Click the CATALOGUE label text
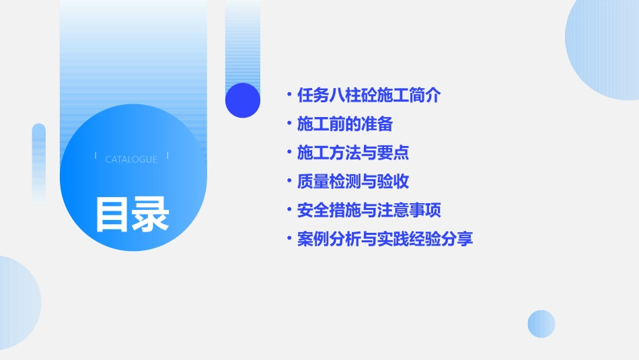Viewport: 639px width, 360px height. (131, 159)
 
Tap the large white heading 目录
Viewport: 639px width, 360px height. (132, 215)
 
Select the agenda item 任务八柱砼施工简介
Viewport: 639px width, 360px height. (369, 96)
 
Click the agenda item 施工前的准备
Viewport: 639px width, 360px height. (344, 124)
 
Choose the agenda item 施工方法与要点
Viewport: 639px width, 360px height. (352, 153)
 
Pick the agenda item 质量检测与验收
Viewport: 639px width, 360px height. (352, 182)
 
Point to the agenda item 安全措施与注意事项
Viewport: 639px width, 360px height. (369, 211)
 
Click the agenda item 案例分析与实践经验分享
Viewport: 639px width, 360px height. (385, 239)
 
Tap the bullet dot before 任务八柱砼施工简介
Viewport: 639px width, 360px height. (289, 96)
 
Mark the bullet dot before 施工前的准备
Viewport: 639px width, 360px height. (289, 124)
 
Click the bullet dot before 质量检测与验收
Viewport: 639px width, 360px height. (289, 182)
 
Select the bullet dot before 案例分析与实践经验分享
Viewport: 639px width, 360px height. (289, 239)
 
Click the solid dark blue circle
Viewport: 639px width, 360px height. (243, 100)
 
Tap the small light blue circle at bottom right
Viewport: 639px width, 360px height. (541, 324)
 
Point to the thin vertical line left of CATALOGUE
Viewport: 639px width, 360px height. (96, 155)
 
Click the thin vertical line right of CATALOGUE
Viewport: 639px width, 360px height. (167, 155)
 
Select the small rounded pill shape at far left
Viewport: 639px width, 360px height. (39, 161)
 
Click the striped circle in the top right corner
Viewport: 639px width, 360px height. (605, 47)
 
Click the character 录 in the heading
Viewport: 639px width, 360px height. (151, 215)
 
